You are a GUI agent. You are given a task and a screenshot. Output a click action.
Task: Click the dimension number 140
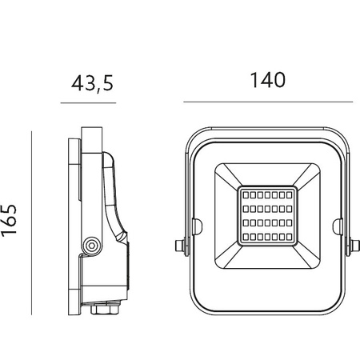click(x=267, y=80)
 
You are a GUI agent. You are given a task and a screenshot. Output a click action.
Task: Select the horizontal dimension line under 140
click(x=267, y=102)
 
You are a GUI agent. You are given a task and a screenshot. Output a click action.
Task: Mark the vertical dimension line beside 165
click(x=32, y=223)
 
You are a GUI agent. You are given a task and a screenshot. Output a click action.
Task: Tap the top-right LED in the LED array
click(x=290, y=194)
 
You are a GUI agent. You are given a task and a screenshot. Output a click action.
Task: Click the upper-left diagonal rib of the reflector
click(x=230, y=177)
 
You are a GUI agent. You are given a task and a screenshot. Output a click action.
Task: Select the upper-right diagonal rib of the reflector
click(x=305, y=177)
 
